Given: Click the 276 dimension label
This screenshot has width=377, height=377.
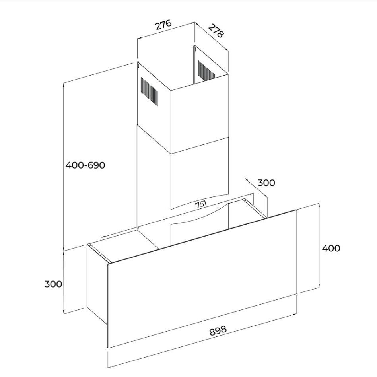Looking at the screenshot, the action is tap(163, 25).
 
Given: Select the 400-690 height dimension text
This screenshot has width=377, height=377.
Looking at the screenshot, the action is tap(86, 165).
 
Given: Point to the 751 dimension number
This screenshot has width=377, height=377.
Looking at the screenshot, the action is tap(201, 204).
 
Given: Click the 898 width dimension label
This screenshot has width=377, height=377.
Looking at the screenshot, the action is tap(218, 330).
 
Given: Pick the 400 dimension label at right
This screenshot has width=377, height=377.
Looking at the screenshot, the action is tap(331, 248).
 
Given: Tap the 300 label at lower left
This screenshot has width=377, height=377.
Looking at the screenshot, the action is tap(53, 284).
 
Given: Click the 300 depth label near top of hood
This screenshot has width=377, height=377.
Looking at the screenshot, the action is tap(266, 183).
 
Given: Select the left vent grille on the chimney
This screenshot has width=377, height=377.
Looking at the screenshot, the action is tap(149, 91).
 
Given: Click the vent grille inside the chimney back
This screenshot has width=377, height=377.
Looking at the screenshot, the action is tap(206, 70).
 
